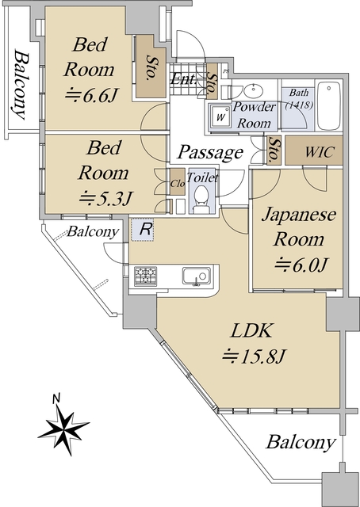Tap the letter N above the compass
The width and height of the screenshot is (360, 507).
[56, 399]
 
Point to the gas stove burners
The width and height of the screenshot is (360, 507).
[145, 276]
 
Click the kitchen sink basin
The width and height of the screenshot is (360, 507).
[196, 276]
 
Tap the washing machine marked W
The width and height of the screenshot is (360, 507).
[220, 117]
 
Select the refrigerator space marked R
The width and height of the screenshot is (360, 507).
[143, 230]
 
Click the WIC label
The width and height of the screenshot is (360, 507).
[320, 151]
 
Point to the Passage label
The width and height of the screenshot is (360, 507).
[210, 152]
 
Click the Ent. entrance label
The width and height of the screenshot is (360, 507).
[183, 79]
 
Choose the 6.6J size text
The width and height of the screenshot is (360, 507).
[90, 96]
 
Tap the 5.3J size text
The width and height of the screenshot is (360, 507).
[105, 198]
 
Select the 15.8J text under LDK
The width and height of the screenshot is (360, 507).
[254, 356]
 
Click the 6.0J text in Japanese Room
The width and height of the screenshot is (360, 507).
[300, 266]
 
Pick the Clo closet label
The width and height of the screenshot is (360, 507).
[178, 183]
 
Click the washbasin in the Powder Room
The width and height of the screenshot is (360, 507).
[254, 89]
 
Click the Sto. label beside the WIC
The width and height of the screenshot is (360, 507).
[274, 150]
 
